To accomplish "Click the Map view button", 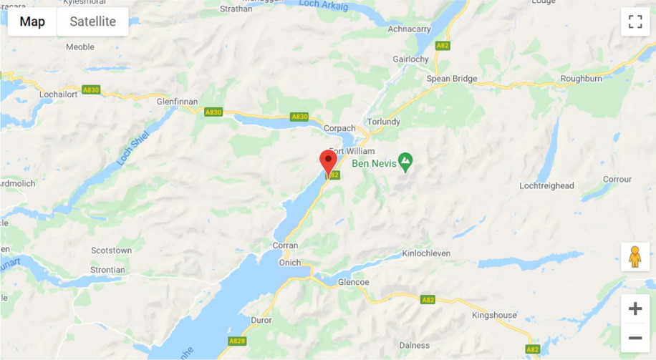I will [32, 21].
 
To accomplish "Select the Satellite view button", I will [92, 21].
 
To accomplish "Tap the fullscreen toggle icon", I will [635, 21].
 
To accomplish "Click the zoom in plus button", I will [635, 309].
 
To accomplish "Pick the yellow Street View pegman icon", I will [635, 257].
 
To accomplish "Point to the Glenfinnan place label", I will [177, 102].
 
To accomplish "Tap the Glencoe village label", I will [354, 282].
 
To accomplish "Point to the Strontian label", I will [108, 270].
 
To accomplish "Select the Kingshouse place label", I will [494, 315].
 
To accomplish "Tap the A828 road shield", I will [238, 341].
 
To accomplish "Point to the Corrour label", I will [617, 179].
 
